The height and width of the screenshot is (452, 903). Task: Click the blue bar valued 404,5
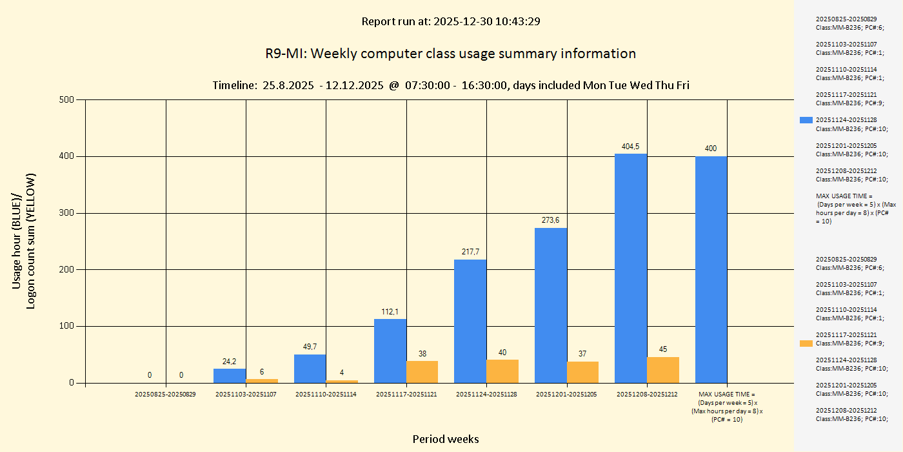pyautogui.click(x=631, y=268)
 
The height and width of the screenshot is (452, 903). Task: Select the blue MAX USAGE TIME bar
pyautogui.click(x=711, y=269)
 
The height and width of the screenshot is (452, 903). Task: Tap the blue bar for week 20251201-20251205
pyautogui.click(x=551, y=305)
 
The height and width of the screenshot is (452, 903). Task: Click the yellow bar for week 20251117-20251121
pyautogui.click(x=422, y=372)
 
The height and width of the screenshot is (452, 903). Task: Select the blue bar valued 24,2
pyautogui.click(x=230, y=376)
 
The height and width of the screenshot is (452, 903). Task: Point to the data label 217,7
pyautogui.click(x=470, y=252)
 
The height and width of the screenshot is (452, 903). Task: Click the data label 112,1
pyautogui.click(x=390, y=312)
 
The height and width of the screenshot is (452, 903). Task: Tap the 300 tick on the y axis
pyautogui.click(x=66, y=213)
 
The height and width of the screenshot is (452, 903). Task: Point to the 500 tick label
pyautogui.click(x=66, y=99)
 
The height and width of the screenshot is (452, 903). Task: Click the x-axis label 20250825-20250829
pyautogui.click(x=165, y=394)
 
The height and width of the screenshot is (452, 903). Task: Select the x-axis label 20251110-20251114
pyautogui.click(x=326, y=394)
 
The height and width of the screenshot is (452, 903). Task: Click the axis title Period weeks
pyautogui.click(x=446, y=439)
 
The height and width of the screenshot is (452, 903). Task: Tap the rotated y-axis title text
pyautogui.click(x=24, y=241)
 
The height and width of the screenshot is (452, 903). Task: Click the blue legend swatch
pyautogui.click(x=806, y=120)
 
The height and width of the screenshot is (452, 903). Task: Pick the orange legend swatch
pyautogui.click(x=806, y=344)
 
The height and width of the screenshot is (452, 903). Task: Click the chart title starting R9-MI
pyautogui.click(x=450, y=54)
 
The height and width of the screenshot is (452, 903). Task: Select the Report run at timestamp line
pyautogui.click(x=450, y=21)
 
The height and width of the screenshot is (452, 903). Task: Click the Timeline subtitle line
pyautogui.click(x=450, y=85)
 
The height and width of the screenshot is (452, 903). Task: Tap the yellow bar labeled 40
pyautogui.click(x=502, y=371)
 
